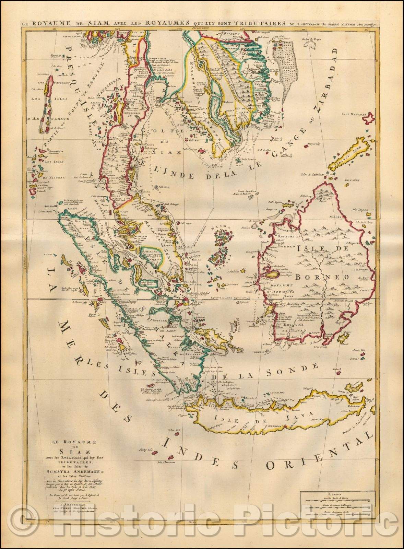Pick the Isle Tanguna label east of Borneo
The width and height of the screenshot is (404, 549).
pyautogui.click(x=362, y=209)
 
